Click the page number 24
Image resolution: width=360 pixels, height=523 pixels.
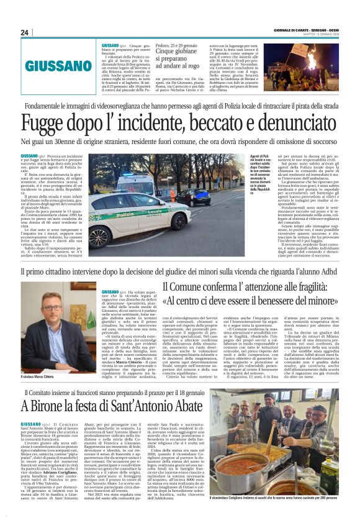(x=24, y=32)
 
